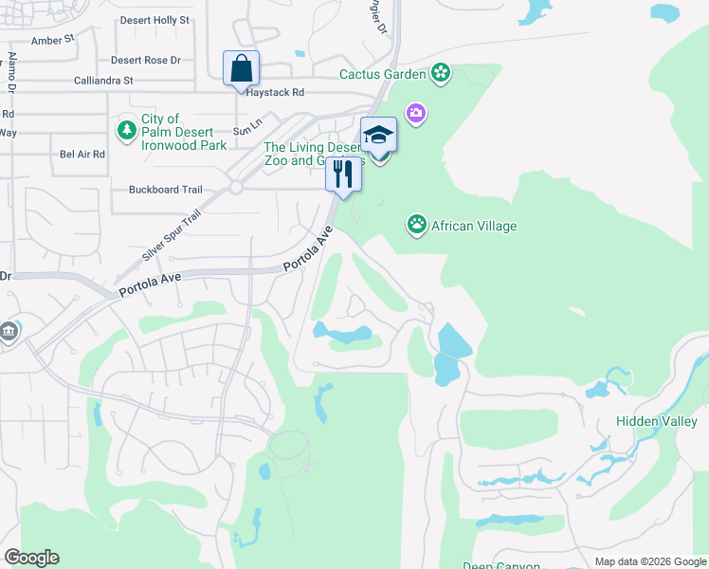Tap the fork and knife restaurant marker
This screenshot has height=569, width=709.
click(343, 174)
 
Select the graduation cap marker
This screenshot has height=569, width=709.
click(378, 135)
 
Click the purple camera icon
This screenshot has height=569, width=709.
click(415, 114)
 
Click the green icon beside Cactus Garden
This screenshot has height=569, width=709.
click(440, 73)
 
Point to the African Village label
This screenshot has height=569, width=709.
click(473, 226)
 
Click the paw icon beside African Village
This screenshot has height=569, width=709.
click(417, 225)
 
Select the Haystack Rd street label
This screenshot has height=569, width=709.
click(275, 93)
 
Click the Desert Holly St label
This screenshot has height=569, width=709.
click(155, 19)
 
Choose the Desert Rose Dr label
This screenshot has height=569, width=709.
click(145, 60)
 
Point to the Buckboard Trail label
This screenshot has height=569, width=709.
click(166, 189)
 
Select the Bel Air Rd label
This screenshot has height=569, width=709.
click(82, 154)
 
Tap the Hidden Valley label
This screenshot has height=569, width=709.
click(656, 421)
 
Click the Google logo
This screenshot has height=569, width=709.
click(31, 557)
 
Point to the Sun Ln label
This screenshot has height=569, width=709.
click(247, 132)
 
